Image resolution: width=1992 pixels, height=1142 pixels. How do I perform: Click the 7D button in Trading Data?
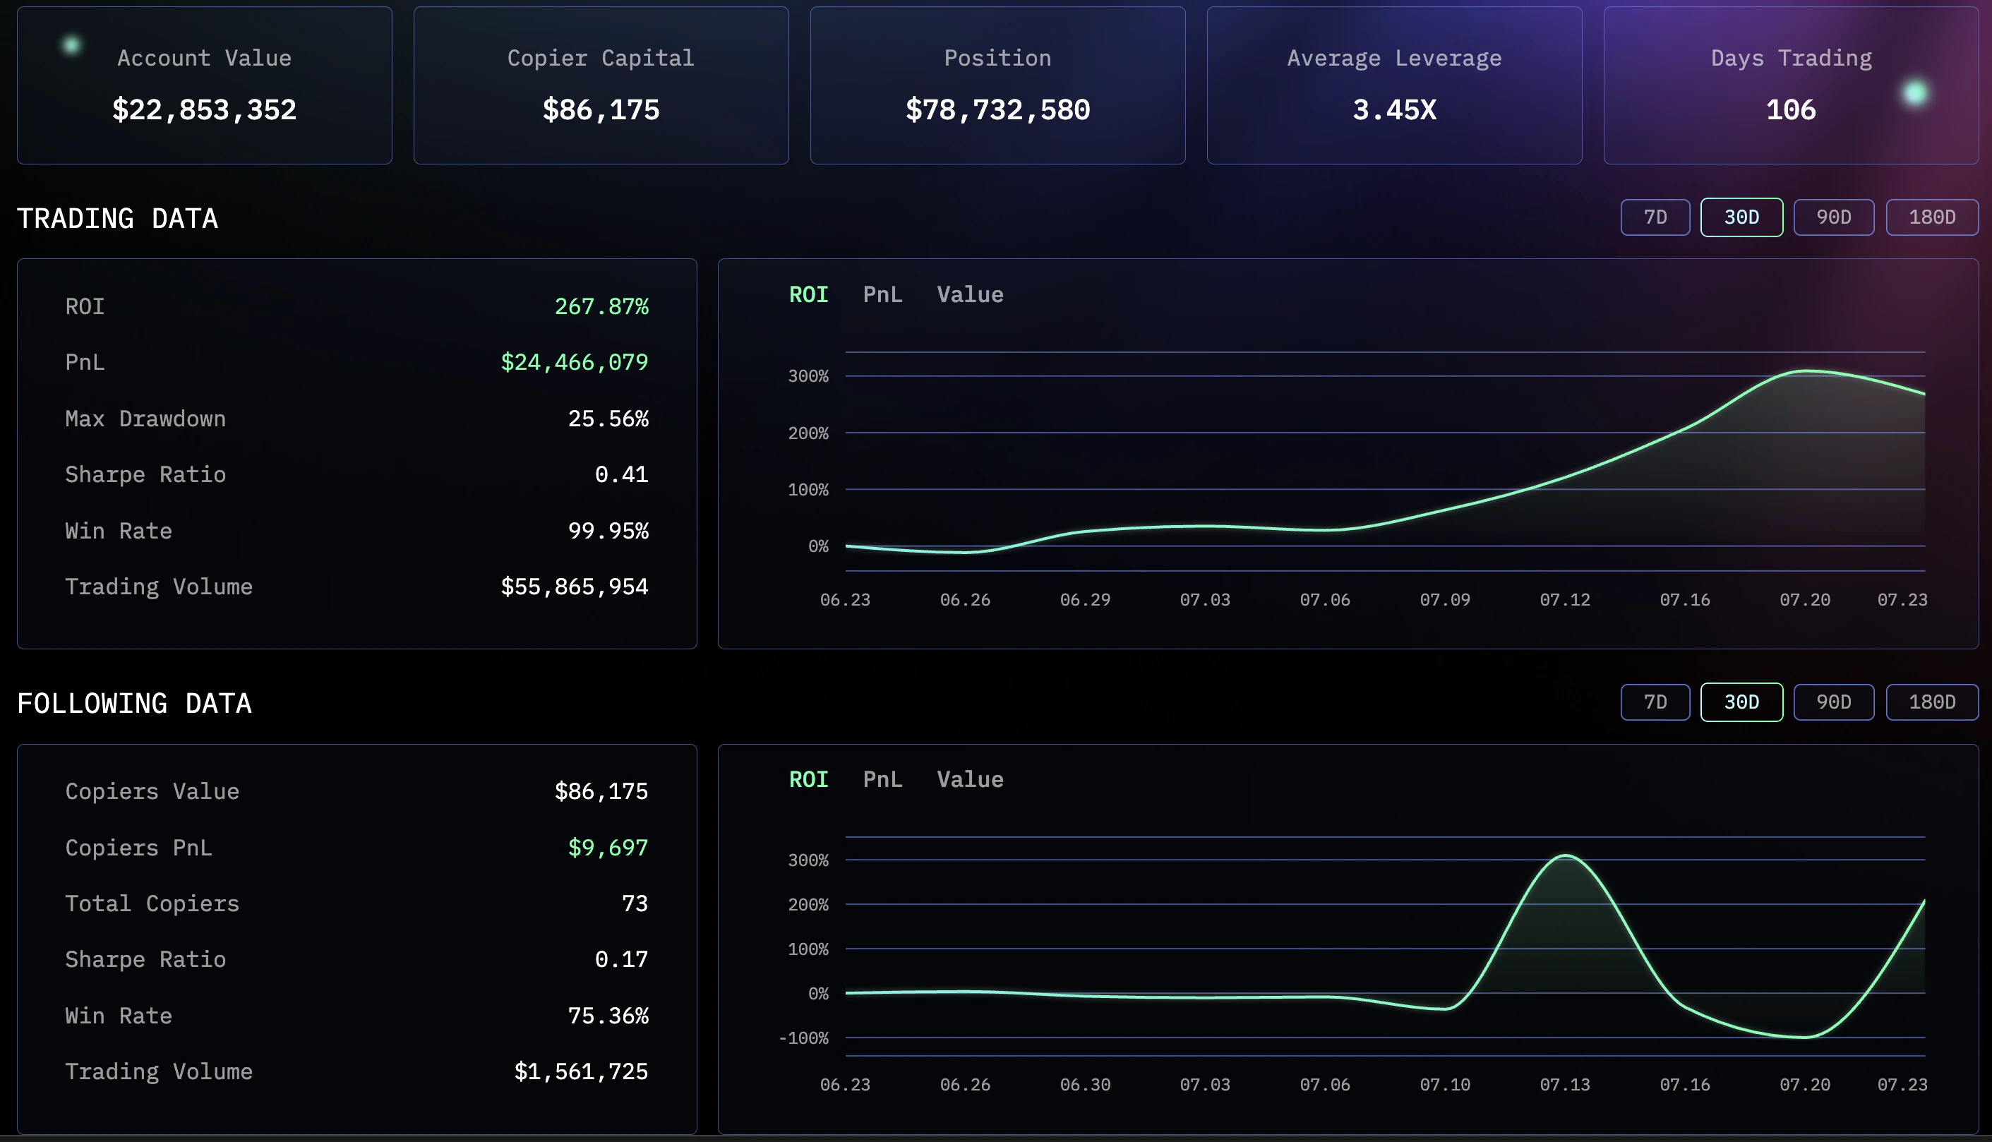1655,217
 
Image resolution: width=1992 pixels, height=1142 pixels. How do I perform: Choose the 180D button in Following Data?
1931,702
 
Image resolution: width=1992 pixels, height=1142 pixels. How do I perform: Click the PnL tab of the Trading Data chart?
882,295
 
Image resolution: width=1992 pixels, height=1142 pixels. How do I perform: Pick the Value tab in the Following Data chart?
969,780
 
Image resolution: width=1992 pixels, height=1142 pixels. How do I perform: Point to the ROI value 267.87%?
601,307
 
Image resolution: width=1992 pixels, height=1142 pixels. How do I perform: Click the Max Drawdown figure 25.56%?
608,419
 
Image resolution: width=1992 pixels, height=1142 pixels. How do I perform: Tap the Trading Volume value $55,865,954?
574,587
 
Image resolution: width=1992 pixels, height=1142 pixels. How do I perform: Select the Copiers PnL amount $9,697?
608,848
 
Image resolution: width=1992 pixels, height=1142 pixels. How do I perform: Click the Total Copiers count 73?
635,903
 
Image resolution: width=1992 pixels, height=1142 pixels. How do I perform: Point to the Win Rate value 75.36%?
608,1016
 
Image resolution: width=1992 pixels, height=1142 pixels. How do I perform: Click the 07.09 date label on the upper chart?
1445,600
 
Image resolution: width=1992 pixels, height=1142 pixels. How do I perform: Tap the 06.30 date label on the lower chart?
1085,1085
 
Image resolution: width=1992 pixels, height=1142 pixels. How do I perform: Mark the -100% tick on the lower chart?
803,1038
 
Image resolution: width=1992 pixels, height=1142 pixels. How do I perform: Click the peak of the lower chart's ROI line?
1564,855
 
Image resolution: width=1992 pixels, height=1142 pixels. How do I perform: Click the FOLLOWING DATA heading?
134,704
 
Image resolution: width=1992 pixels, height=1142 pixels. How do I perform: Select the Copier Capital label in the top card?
601,58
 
